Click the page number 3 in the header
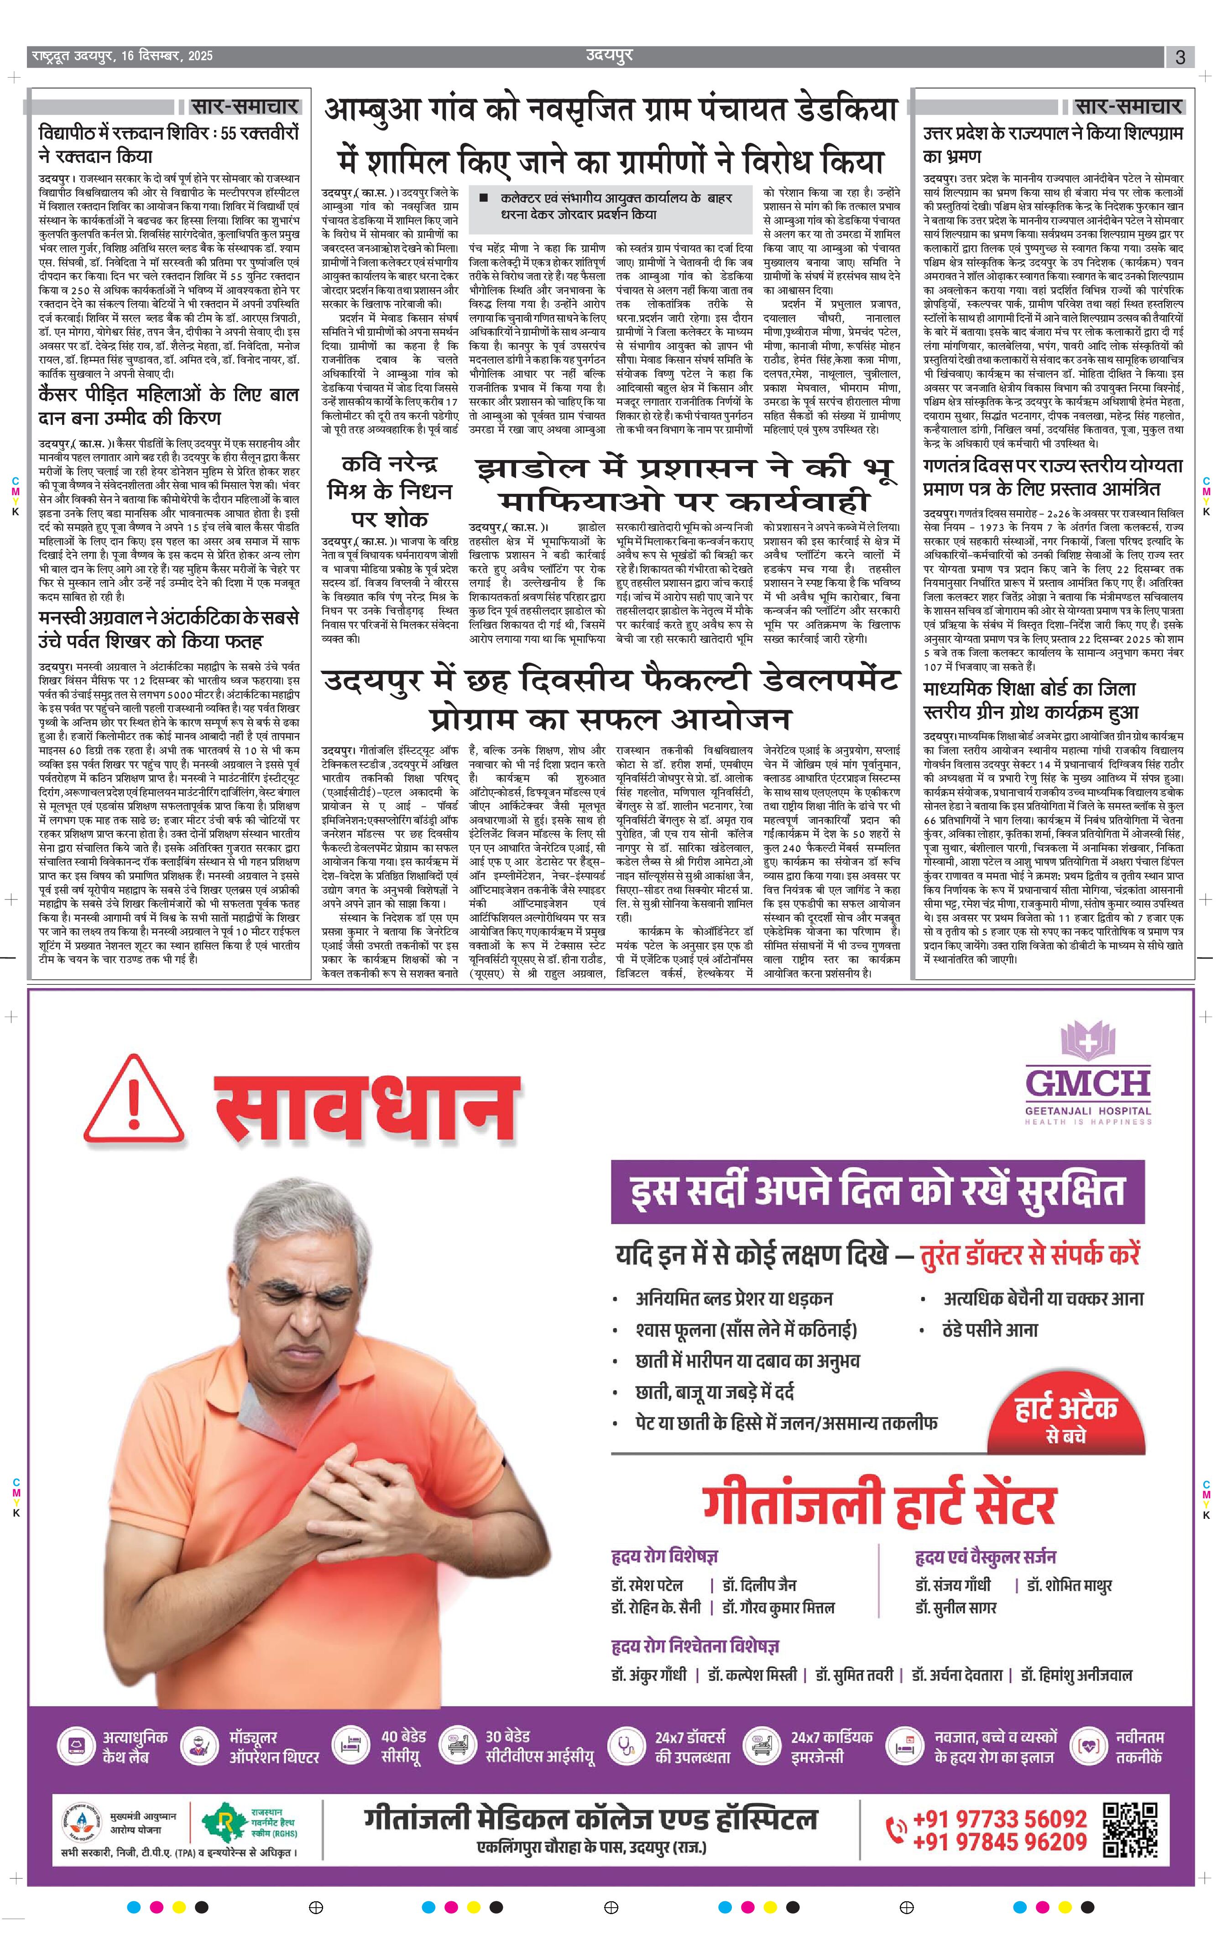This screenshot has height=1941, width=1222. click(1180, 57)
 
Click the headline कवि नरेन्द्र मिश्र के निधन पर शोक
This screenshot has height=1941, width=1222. click(389, 491)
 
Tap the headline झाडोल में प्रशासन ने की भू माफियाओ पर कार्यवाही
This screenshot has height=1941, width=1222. click(685, 484)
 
